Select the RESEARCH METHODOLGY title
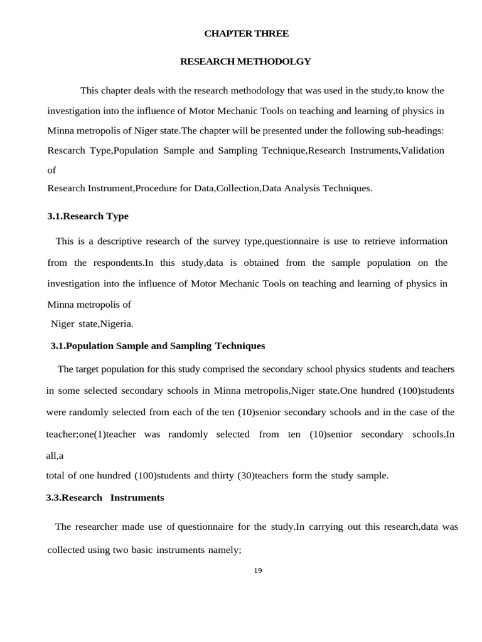(245, 61)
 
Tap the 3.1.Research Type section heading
(88, 216)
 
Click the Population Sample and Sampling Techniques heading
(158, 346)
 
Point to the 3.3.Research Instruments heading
(105, 498)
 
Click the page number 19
(258, 570)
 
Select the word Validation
(422, 150)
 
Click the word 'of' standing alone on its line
(52, 170)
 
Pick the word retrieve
(346, 241)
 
